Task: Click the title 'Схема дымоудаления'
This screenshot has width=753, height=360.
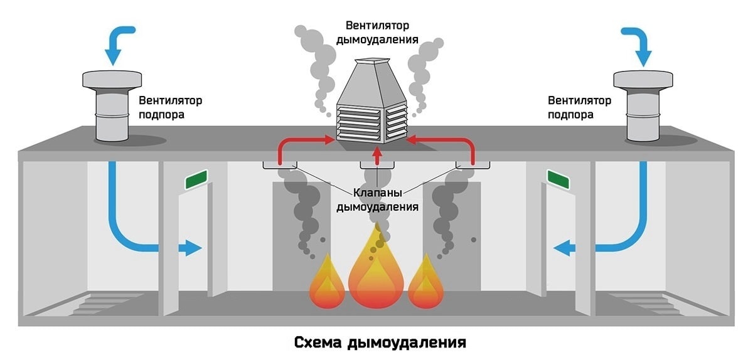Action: [380, 343]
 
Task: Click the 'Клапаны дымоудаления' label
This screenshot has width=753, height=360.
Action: [377, 199]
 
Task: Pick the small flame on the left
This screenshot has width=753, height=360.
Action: [326, 285]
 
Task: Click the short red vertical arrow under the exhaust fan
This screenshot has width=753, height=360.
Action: [376, 155]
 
